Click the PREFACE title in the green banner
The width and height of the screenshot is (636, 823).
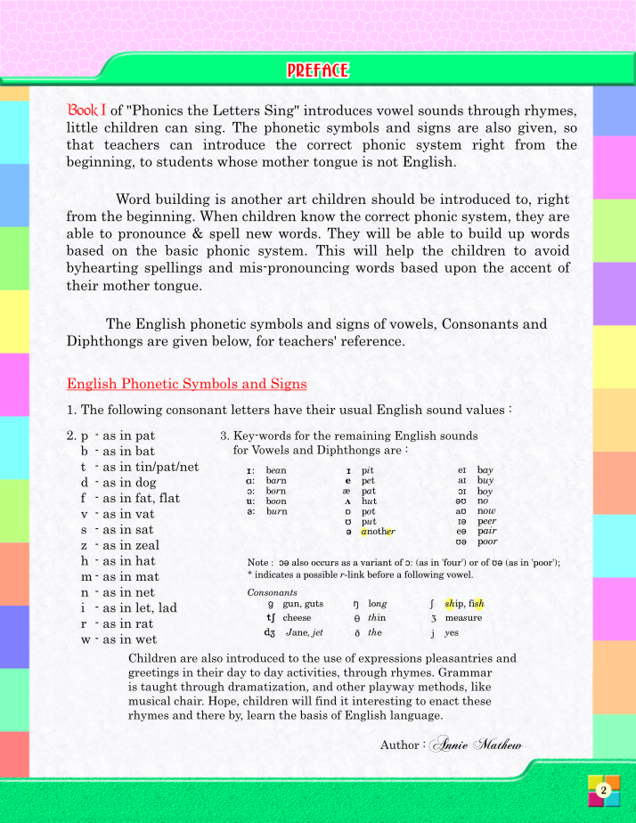click(x=318, y=70)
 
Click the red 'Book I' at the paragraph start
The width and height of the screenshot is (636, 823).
click(x=87, y=110)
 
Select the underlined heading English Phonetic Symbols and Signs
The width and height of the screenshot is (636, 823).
click(x=186, y=384)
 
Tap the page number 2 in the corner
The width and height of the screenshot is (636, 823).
click(x=603, y=790)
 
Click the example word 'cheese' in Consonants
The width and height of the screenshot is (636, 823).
click(x=297, y=617)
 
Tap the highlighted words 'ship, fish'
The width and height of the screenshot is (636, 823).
click(x=463, y=604)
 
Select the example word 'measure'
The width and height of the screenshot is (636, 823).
click(x=463, y=617)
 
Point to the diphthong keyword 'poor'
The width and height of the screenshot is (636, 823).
click(x=487, y=542)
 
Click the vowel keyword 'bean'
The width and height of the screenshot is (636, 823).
click(x=276, y=469)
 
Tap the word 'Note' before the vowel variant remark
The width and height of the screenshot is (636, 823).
click(x=259, y=563)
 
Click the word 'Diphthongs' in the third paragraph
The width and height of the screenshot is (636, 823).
click(x=104, y=341)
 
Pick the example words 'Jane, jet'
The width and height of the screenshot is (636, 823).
click(x=304, y=632)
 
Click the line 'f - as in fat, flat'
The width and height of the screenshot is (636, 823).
click(x=130, y=499)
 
